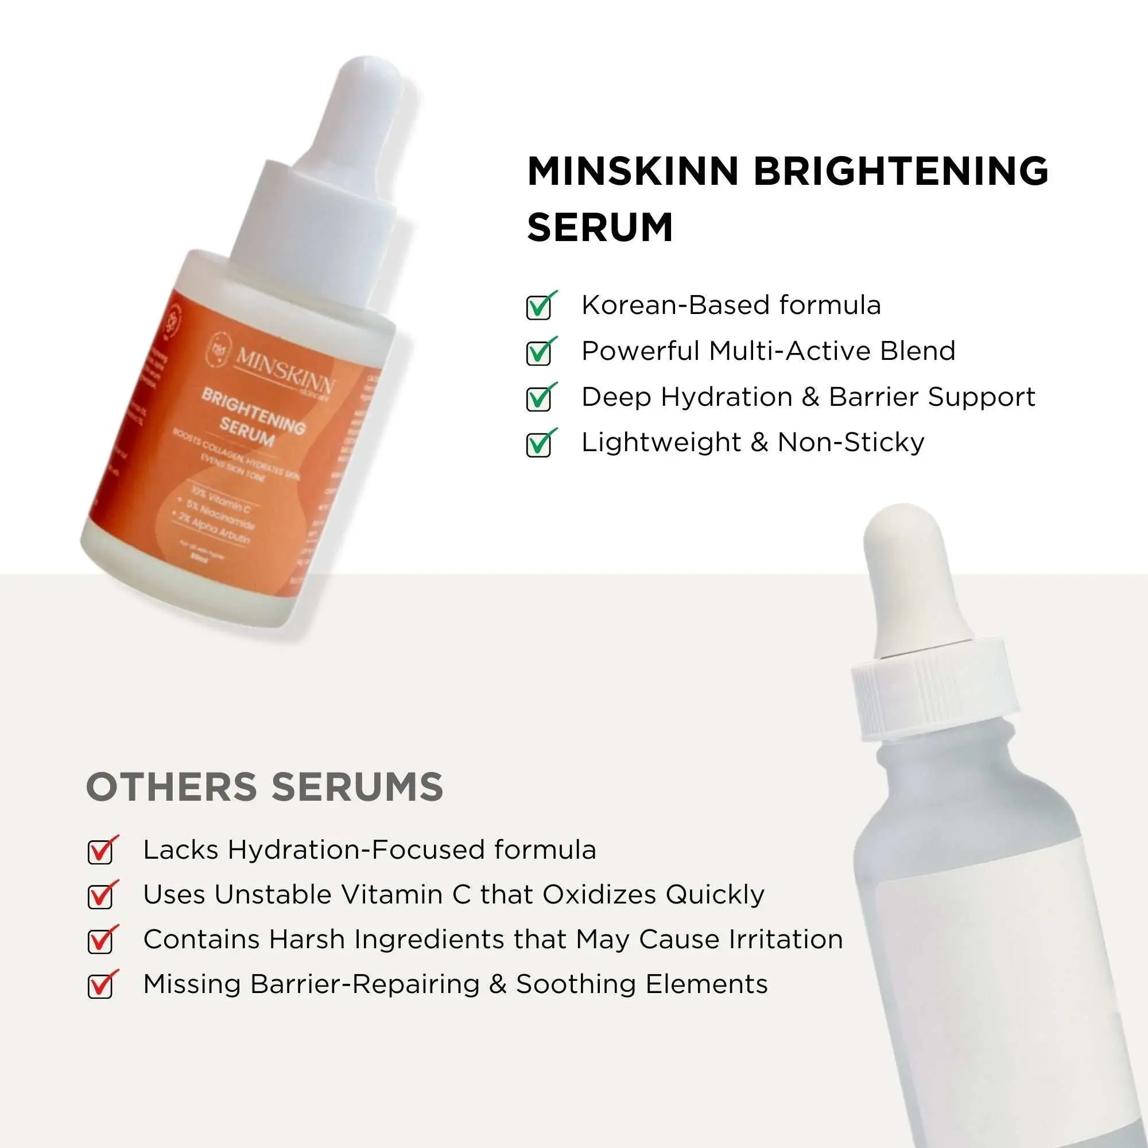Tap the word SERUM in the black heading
pyautogui.click(x=600, y=227)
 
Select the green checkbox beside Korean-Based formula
pyautogui.click(x=539, y=307)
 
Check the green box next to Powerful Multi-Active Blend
pyautogui.click(x=539, y=353)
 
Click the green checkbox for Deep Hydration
pyautogui.click(x=539, y=399)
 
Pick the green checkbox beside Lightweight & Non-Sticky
pyautogui.click(x=539, y=444)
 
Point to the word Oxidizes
pyautogui.click(x=598, y=895)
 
